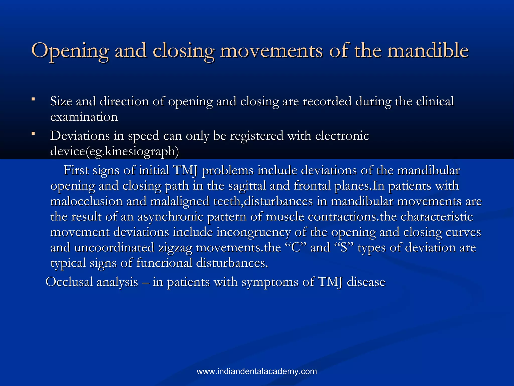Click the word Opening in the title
[70, 51]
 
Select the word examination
[84, 117]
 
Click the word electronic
[342, 136]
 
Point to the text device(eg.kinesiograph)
[114, 151]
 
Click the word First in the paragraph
[76, 170]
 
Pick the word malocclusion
[86, 201]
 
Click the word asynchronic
[170, 217]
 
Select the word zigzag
[175, 248]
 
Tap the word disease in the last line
[366, 282]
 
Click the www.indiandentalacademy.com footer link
[257, 371]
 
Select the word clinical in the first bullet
[435, 101]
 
